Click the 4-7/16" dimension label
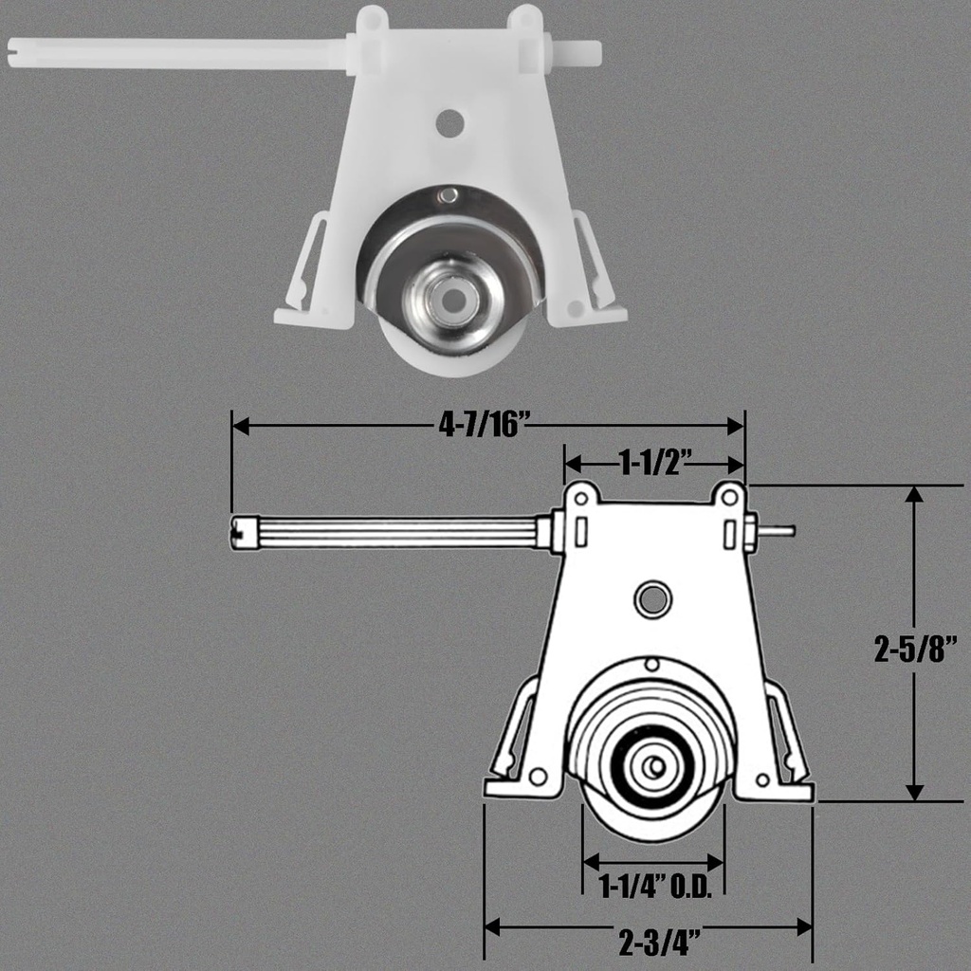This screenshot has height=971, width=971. coord(482,426)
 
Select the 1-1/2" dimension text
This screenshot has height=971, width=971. coord(653,463)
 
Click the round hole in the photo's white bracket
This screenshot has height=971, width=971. coord(450,121)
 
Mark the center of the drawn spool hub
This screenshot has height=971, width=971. coord(653,767)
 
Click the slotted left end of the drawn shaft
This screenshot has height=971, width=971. coord(241,532)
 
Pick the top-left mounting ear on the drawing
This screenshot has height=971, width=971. coord(581,495)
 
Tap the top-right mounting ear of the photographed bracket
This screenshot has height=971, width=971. coord(523,19)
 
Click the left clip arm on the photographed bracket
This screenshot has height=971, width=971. coord(308,261)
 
